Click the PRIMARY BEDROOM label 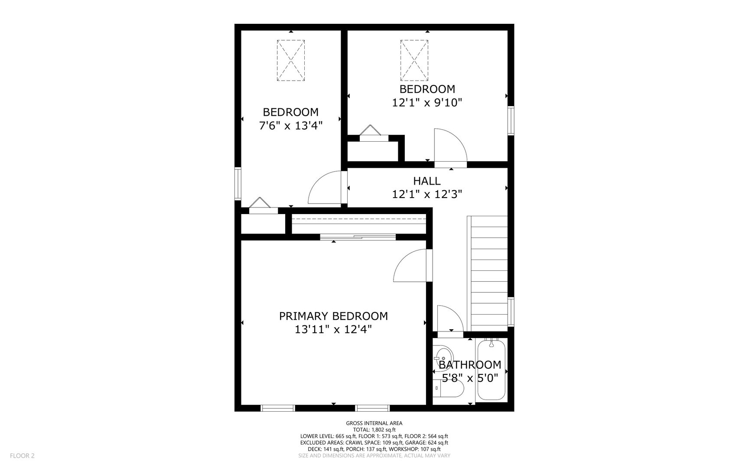(333, 316)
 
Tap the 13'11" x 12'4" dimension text (333, 330)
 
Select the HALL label (427, 181)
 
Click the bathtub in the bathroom (491, 371)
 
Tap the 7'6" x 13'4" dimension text (290, 126)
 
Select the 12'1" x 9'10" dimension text (427, 103)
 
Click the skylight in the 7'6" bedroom (291, 60)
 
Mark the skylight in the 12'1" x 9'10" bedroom (414, 60)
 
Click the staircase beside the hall (488, 273)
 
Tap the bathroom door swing (449, 318)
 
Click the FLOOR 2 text (22, 455)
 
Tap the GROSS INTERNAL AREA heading (374, 423)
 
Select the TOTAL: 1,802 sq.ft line (374, 430)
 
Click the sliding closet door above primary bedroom (358, 237)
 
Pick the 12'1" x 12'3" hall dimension (427, 195)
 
